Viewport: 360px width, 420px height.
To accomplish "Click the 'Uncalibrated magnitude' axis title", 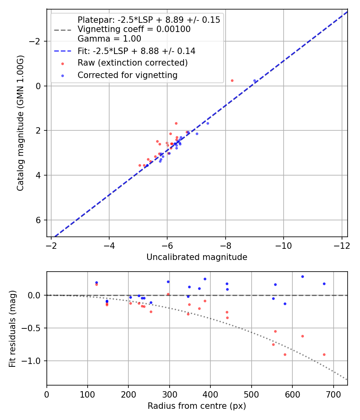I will pos(197,257).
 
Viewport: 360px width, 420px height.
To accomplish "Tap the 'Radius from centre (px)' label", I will pos(197,406).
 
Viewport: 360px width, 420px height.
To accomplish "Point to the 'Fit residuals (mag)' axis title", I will pos(12,328).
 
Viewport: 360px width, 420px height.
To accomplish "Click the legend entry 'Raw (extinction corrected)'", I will pos(132,63).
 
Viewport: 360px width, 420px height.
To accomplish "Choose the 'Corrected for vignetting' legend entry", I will pos(127,75).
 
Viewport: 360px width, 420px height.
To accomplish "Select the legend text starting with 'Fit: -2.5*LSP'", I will pos(136,51).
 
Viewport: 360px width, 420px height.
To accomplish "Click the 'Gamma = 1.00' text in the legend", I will pos(109,39).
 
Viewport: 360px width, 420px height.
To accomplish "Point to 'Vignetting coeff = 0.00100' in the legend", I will pos(134,29).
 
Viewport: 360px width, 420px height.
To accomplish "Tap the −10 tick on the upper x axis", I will pos(283,244).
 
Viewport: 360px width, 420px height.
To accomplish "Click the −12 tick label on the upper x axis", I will pos(341,244).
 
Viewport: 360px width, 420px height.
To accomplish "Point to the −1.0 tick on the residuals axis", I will pos(34,361).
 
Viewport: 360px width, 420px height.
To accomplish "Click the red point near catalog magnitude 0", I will pos(232,80).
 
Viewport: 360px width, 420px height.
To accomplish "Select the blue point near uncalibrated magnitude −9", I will pos(254,80).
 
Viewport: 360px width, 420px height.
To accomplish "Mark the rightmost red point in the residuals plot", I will pos(324,354).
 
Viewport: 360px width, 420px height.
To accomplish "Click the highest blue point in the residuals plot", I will pos(302,276).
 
